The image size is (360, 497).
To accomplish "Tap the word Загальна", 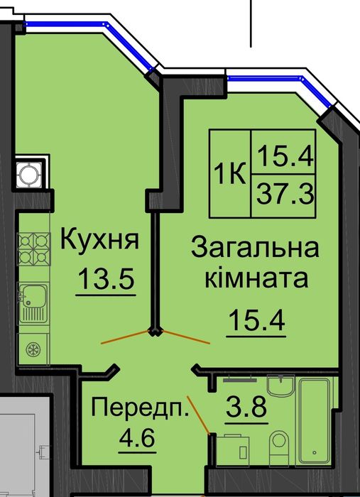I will [256, 248].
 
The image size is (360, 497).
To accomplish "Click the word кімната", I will [256, 278].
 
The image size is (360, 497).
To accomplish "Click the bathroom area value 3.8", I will [245, 410].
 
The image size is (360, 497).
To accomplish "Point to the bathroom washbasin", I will [280, 390].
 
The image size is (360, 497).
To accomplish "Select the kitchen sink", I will [33, 302].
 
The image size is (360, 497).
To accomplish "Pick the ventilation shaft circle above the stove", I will [29, 173].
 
